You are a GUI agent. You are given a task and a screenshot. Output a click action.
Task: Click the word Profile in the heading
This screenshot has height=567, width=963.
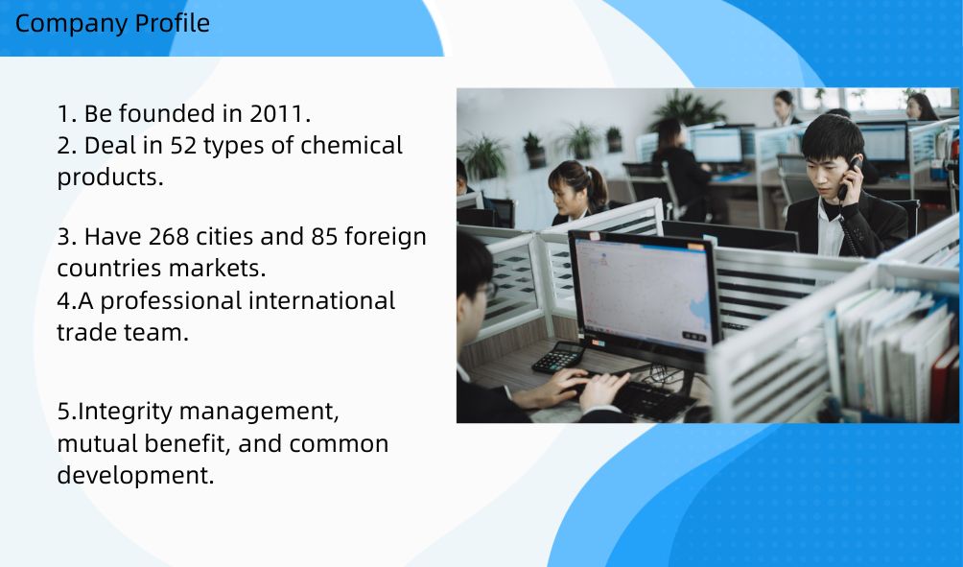click(172, 23)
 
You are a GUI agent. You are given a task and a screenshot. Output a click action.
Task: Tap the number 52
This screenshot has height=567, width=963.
click(182, 146)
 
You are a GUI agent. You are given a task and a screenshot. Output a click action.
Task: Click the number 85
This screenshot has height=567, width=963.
click(324, 237)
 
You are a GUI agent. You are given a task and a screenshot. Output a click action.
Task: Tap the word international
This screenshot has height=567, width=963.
click(322, 301)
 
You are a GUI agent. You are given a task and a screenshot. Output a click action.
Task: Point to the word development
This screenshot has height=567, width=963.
click(136, 476)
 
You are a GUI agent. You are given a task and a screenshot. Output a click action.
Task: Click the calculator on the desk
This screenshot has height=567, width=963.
click(557, 358)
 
